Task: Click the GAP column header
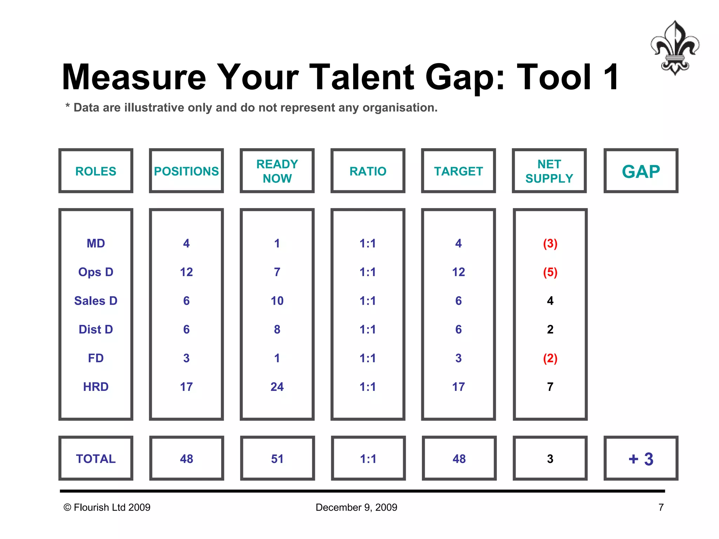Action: tap(641, 171)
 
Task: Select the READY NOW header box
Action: tap(277, 171)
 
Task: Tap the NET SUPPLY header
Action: tap(549, 171)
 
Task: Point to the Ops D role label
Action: tap(95, 272)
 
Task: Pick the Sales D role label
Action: tap(95, 301)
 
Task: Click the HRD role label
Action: tap(95, 387)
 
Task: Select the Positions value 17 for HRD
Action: tap(186, 387)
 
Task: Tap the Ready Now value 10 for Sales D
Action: tap(277, 301)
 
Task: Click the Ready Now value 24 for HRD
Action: tap(277, 387)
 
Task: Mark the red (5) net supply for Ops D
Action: tap(550, 272)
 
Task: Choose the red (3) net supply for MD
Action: tap(550, 244)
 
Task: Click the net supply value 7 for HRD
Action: tap(550, 387)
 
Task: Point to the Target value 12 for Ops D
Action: tap(459, 272)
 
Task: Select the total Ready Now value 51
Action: tap(277, 459)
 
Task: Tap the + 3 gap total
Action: tap(641, 459)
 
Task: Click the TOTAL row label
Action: tap(95, 459)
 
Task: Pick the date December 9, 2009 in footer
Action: tap(356, 507)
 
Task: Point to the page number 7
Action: tap(661, 507)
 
